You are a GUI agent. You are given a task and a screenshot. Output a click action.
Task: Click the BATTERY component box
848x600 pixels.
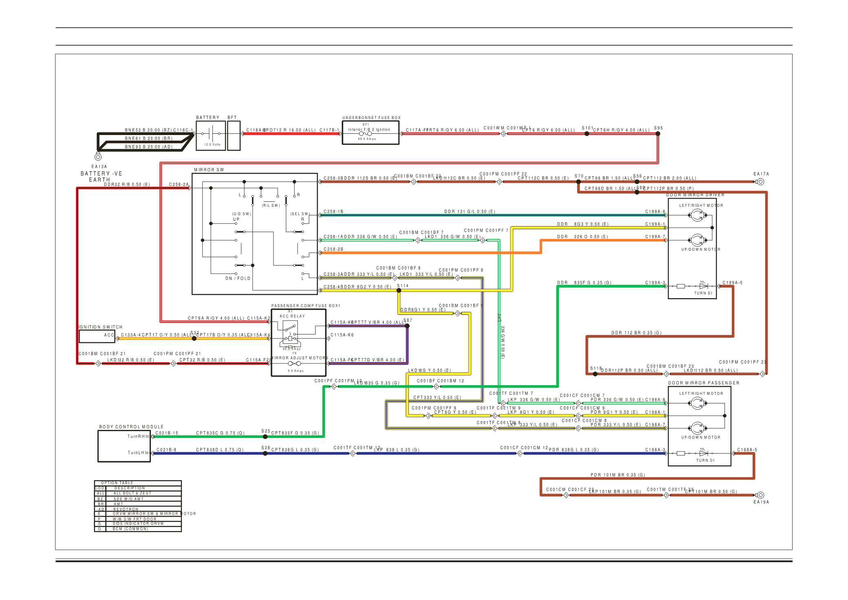coord(210,135)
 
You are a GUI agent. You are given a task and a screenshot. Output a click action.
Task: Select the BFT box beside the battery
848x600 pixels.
coord(234,135)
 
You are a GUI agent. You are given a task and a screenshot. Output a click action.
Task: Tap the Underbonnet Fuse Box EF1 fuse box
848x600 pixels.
coord(370,133)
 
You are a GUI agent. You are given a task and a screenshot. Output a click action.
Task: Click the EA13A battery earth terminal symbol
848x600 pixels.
coord(98,157)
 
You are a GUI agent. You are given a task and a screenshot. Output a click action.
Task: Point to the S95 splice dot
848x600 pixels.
coord(658,133)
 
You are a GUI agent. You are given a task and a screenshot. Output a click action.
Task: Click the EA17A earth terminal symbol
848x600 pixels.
coord(760,182)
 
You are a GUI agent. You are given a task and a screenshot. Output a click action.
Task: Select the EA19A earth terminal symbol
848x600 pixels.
coord(760,495)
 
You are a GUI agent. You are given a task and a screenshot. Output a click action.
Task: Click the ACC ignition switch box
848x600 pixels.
coord(97,336)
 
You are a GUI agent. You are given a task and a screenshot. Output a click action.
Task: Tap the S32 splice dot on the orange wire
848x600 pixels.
coord(194,339)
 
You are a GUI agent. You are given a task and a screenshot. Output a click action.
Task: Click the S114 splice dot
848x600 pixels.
coord(399,290)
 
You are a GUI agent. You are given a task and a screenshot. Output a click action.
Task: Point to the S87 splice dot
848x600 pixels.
coord(407,325)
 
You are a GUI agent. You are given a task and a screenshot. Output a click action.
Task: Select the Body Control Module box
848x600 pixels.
coord(124,446)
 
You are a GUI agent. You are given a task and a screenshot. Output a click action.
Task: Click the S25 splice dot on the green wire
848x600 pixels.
coord(265,436)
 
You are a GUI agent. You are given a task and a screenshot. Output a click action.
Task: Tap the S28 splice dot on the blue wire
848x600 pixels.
coord(265,453)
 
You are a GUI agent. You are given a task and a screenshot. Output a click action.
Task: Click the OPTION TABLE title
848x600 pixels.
coord(117,483)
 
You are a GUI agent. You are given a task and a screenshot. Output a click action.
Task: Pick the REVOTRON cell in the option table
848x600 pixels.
coord(126,509)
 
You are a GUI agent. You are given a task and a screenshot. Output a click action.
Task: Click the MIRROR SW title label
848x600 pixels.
coord(209,170)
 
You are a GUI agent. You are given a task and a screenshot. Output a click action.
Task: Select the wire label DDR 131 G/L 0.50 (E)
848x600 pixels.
coord(469,212)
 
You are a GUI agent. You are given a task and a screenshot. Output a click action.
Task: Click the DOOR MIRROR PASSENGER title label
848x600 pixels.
coord(703,383)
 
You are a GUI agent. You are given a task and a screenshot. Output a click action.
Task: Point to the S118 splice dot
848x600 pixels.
coord(595,374)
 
